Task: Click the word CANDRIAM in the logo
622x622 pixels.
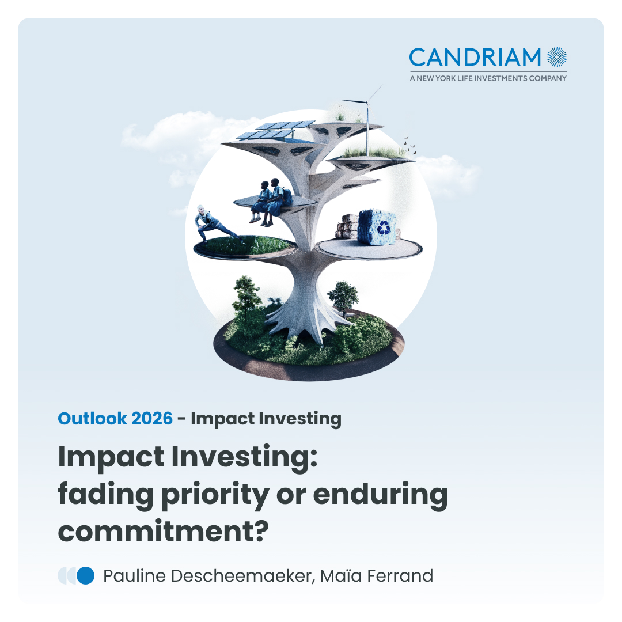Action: (475, 58)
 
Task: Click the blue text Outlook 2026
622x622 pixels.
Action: (115, 419)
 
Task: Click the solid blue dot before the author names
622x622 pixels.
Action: (85, 575)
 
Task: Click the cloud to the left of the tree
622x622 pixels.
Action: (161, 132)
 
